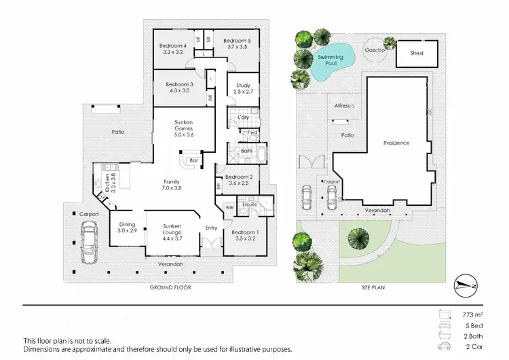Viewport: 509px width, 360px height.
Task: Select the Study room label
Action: tap(243, 86)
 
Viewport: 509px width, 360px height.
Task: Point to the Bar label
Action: tap(193, 160)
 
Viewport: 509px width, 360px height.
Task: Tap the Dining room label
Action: tap(128, 225)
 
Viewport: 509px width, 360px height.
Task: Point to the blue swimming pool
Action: tap(333, 60)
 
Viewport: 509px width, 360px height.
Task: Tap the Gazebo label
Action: tap(375, 50)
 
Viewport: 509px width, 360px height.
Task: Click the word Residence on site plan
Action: tap(396, 143)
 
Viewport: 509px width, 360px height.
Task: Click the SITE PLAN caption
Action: tap(373, 287)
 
